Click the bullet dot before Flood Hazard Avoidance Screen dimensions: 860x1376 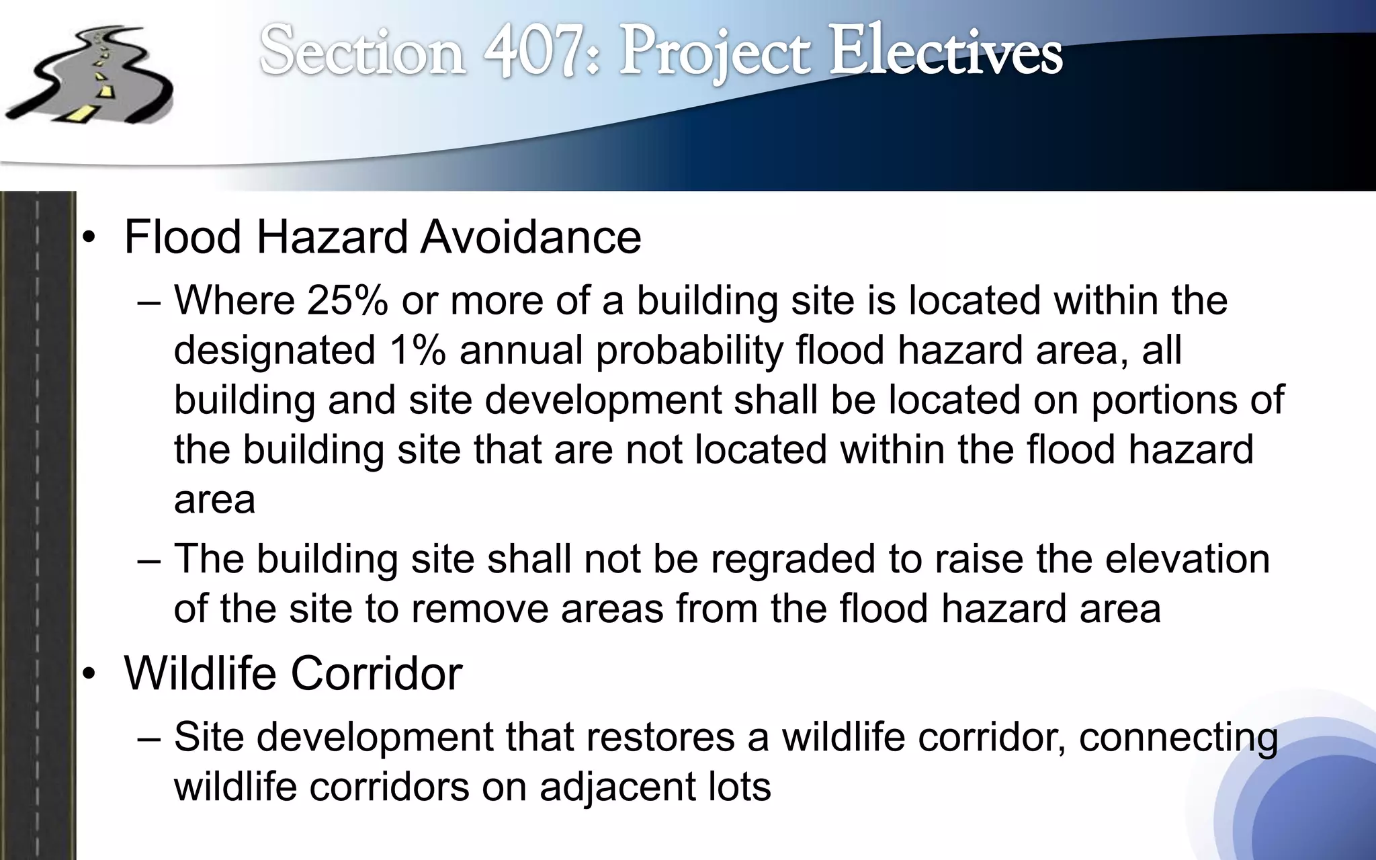[x=90, y=239]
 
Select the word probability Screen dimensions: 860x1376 [x=689, y=351]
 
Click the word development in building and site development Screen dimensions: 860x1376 [x=603, y=400]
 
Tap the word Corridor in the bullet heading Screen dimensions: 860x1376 [x=376, y=673]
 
